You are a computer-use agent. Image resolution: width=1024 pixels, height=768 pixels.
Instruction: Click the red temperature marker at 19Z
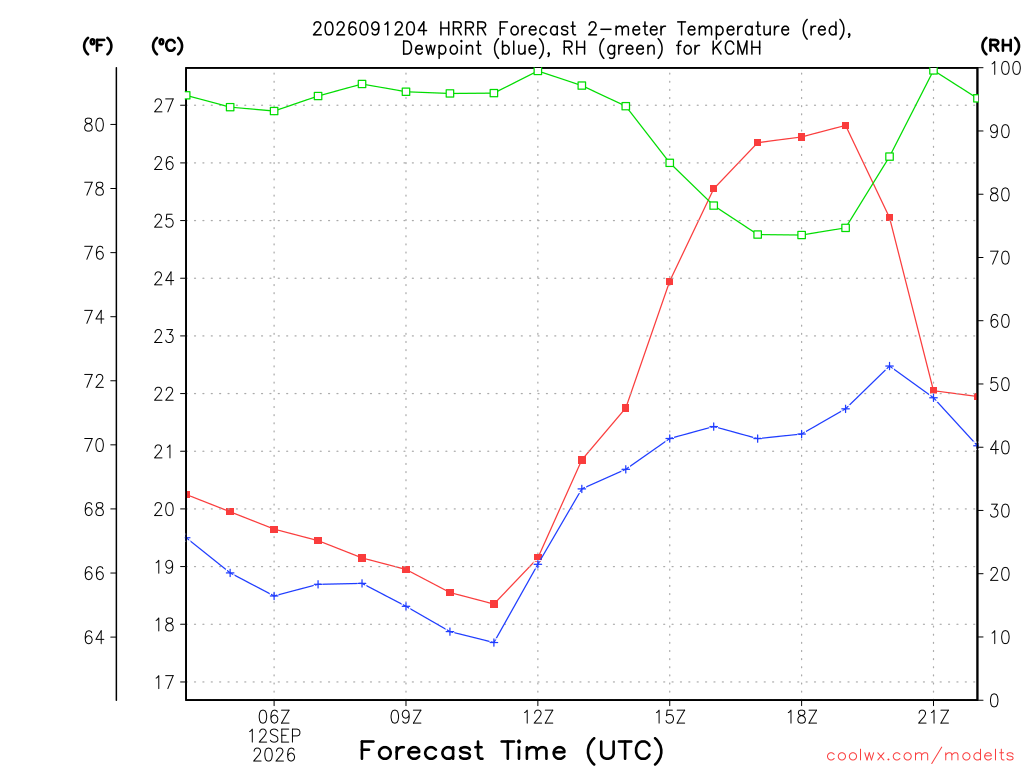point(845,125)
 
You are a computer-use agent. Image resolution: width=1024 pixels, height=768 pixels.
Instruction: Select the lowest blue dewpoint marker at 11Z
point(494,643)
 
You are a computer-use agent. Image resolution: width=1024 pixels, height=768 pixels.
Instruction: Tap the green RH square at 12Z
point(537,71)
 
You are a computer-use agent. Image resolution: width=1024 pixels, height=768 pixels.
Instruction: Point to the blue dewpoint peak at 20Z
point(889,366)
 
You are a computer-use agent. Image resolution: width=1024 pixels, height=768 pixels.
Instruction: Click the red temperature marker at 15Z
point(669,281)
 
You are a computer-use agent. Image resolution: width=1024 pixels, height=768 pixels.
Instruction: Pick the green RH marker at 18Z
point(801,235)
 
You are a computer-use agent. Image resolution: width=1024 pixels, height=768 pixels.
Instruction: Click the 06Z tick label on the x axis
point(274,717)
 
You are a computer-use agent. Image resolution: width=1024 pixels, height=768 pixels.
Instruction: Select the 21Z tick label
point(933,717)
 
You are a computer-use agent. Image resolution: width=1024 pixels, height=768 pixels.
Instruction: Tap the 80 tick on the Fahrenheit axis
point(94,125)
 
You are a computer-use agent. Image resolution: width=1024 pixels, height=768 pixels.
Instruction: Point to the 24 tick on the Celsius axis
point(164,279)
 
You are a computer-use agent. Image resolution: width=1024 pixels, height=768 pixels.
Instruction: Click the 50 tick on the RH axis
point(997,384)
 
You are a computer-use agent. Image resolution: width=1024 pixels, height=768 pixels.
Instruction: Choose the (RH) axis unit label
point(1000,45)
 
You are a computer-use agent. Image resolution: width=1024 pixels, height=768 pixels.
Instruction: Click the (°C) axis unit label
point(167,45)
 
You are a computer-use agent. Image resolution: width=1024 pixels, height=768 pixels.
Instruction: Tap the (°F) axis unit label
point(97,45)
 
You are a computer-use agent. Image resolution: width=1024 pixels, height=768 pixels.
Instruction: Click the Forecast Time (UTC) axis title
point(511,750)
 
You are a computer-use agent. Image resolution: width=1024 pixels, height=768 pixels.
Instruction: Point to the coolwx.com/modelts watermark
point(920,756)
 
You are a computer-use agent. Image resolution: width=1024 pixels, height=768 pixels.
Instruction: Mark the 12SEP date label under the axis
point(274,736)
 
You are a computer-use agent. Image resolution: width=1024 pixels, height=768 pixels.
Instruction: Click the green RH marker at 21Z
point(933,71)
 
